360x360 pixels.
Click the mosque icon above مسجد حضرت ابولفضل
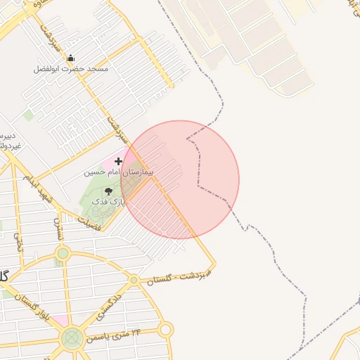coord(70,59)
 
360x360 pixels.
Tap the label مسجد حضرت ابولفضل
coord(71,70)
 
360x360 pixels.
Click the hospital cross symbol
coord(118,162)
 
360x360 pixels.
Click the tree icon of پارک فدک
coord(108,191)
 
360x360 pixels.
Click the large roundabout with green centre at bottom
coord(71,340)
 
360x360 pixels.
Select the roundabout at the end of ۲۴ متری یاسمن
coord(165,329)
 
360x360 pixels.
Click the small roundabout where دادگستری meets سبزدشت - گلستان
coord(134,280)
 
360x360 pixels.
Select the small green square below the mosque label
coord(28,115)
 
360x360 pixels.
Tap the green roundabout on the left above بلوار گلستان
coord(63,253)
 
